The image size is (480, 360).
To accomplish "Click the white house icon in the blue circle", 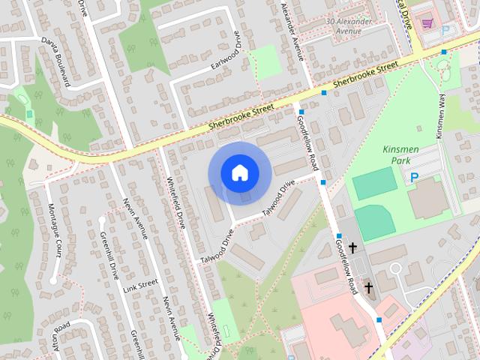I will coord(238,172).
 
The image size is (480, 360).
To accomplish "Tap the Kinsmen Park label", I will coord(404,155).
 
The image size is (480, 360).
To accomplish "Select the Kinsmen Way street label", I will coord(442,115).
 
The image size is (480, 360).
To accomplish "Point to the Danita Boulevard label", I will coord(55,62).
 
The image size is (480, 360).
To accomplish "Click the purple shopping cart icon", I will coord(427,22).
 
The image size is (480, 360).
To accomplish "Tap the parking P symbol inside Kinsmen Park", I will coord(413,177).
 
